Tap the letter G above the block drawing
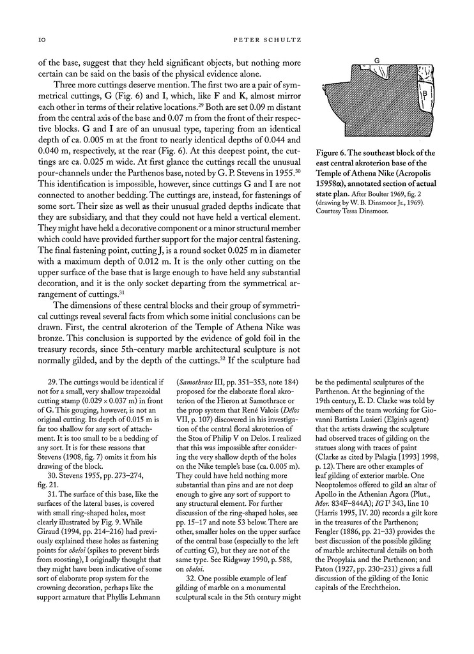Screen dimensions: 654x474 click(x=377, y=61)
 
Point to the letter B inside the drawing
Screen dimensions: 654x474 click(x=424, y=94)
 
